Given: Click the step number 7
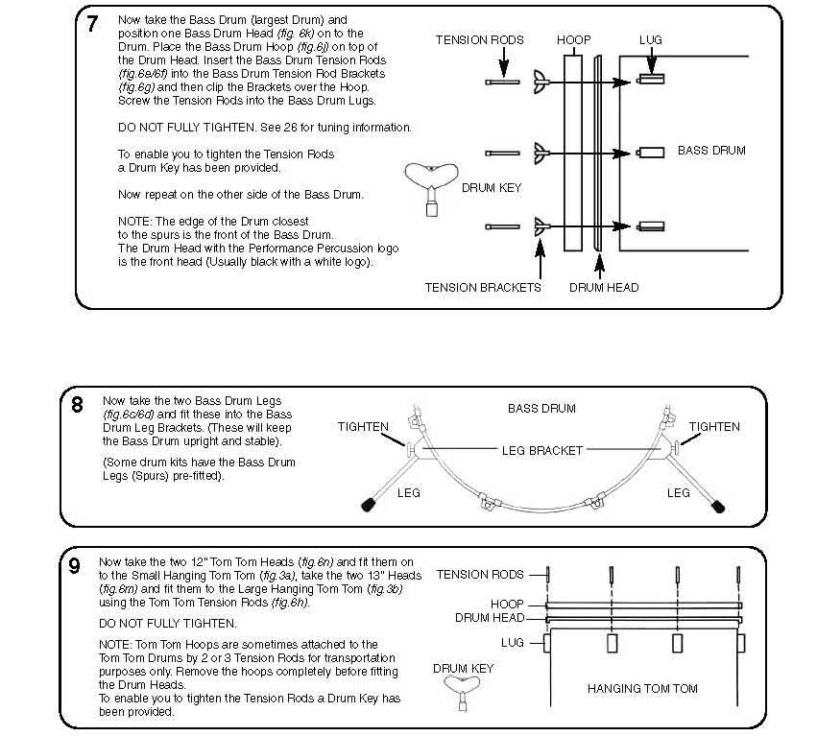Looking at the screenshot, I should (92, 25).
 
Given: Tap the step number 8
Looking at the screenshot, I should (77, 404).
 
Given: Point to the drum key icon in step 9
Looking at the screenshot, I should (462, 693).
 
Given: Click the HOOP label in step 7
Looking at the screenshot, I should (573, 40).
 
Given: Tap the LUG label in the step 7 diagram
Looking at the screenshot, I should (650, 40).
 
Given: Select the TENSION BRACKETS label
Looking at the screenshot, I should (483, 287).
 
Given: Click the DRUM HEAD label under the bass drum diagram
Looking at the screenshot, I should (604, 287).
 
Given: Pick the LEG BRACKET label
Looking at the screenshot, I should (542, 449).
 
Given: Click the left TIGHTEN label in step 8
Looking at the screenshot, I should (363, 427).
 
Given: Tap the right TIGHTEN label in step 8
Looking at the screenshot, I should (714, 426).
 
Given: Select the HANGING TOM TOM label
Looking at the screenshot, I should (641, 688).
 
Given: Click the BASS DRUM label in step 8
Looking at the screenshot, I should (541, 408).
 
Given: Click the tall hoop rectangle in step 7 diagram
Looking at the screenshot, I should (573, 153).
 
